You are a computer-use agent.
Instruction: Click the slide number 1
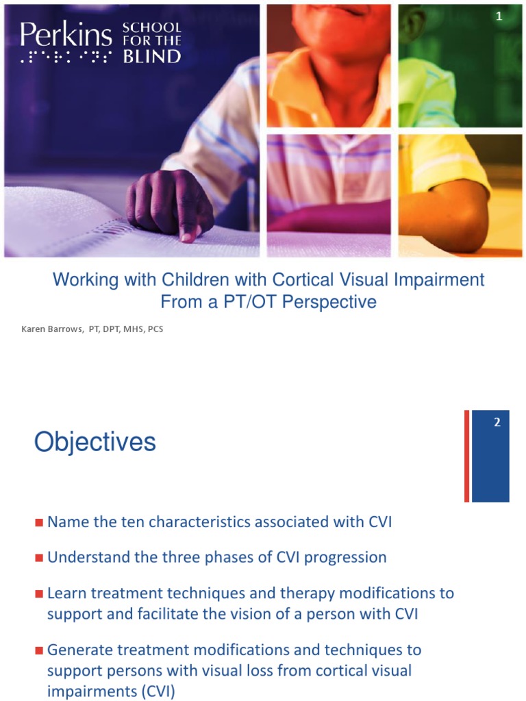click(499, 17)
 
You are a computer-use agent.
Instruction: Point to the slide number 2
click(498, 422)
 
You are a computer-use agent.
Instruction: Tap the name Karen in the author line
click(35, 329)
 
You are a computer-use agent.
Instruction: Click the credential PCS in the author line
click(154, 329)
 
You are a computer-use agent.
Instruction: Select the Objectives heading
click(95, 442)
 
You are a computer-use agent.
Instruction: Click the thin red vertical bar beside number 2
click(466, 455)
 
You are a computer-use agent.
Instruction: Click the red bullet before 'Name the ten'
click(39, 523)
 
